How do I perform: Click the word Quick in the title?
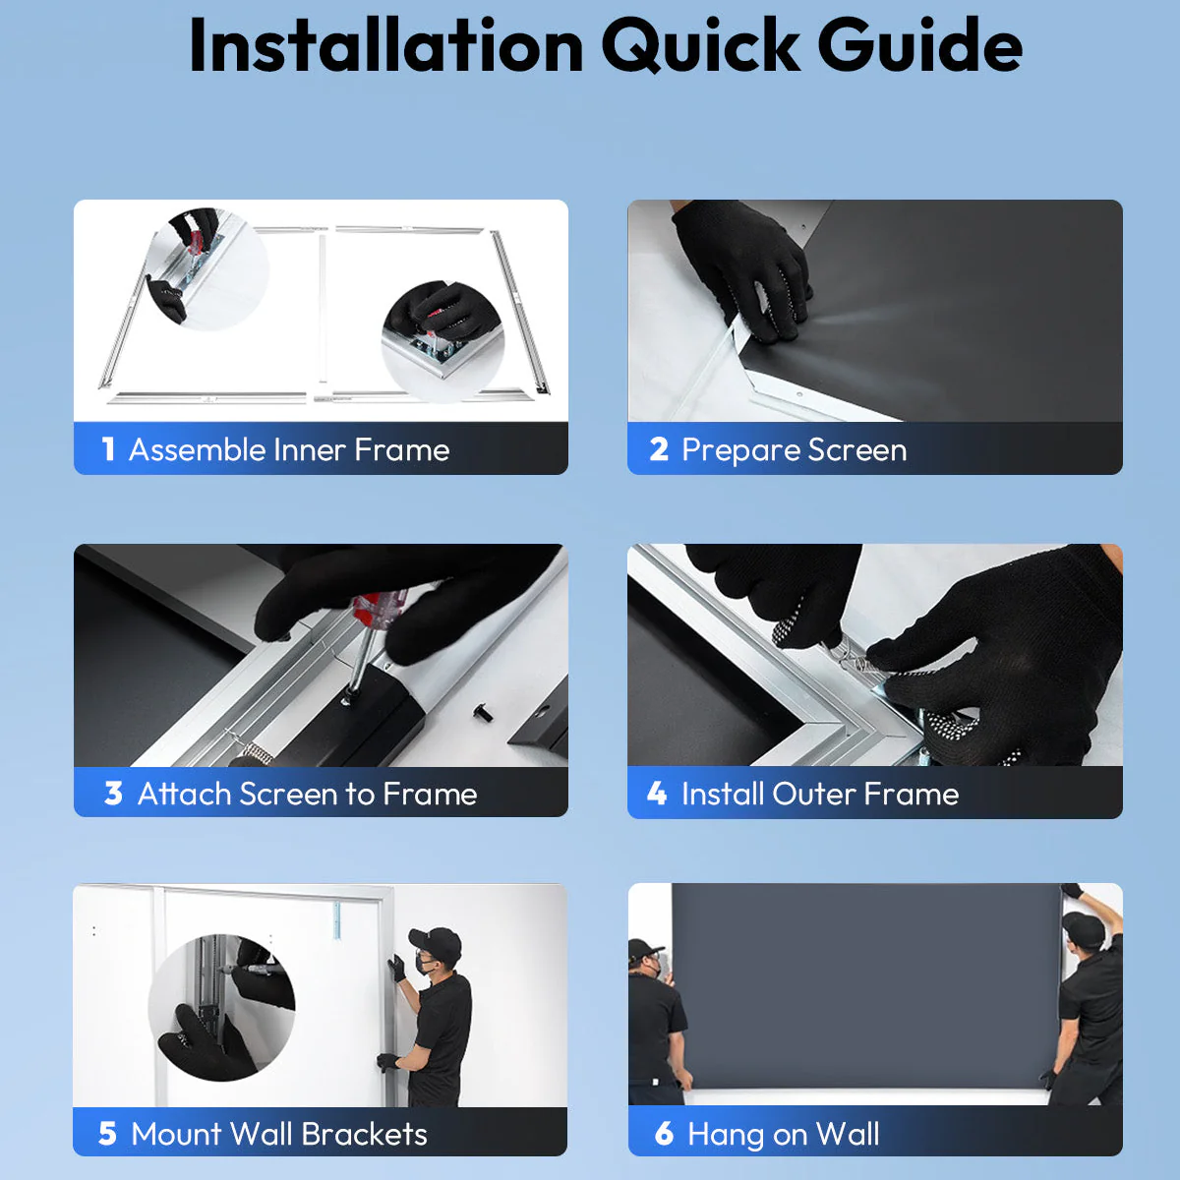tap(700, 46)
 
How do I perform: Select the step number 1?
tap(108, 449)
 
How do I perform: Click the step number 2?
tap(659, 449)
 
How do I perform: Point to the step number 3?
tap(113, 793)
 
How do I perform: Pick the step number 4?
tap(657, 793)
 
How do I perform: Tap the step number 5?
tap(107, 1134)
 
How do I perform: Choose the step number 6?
tap(665, 1134)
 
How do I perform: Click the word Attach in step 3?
tap(184, 794)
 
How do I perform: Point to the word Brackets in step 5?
tap(365, 1134)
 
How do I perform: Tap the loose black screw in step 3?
tap(481, 712)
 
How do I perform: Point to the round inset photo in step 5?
tap(221, 1007)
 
